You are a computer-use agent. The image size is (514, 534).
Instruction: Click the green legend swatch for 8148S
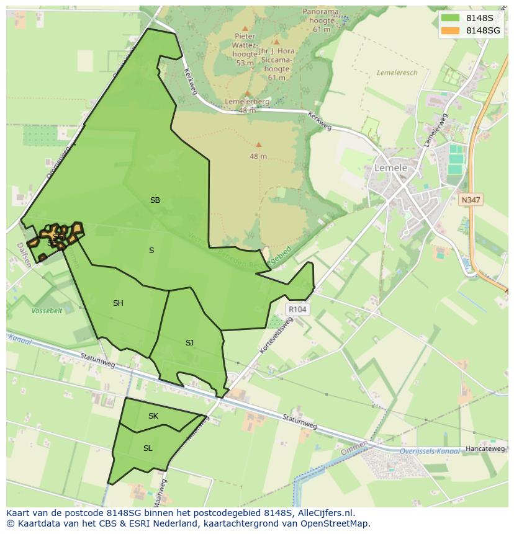[450, 18]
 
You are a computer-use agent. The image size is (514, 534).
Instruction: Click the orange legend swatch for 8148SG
[450, 30]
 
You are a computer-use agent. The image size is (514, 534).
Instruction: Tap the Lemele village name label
[390, 168]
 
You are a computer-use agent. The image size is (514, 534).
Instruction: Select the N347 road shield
[471, 200]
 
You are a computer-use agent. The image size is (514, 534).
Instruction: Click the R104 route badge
[297, 309]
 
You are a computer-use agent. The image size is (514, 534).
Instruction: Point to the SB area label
[155, 200]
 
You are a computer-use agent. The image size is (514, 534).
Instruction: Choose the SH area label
[118, 303]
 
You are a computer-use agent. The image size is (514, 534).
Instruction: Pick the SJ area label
[189, 343]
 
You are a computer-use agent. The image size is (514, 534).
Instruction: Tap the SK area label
[153, 416]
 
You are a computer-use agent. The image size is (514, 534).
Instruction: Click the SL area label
[148, 448]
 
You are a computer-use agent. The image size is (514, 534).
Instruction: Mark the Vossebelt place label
[47, 311]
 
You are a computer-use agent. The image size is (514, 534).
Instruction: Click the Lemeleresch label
[397, 73]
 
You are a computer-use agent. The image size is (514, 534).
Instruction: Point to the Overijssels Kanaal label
[430, 451]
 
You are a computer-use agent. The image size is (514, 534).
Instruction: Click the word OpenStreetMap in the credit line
[335, 523]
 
